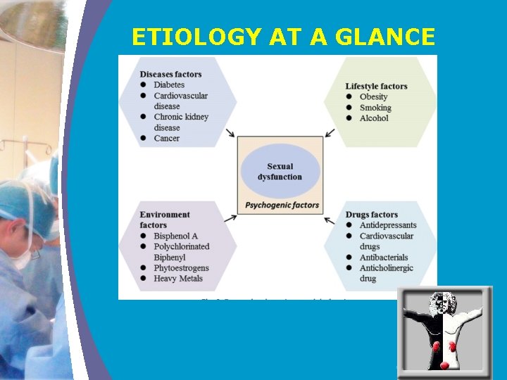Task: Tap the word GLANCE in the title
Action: point(387,37)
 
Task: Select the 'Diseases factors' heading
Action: point(170,75)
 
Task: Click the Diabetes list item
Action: point(169,85)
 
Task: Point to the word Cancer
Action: point(167,138)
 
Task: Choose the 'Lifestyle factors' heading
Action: point(376,87)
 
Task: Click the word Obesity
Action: point(373,97)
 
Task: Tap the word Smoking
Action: point(375,108)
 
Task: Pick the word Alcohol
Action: point(374,118)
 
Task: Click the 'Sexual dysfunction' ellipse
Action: point(280,171)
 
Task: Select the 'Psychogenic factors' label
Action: point(282,205)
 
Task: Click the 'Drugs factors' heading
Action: point(371,215)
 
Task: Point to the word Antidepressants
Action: point(387,225)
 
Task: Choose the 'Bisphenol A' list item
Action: point(175,236)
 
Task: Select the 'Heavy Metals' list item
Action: point(178,279)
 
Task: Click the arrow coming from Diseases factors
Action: point(231,133)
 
